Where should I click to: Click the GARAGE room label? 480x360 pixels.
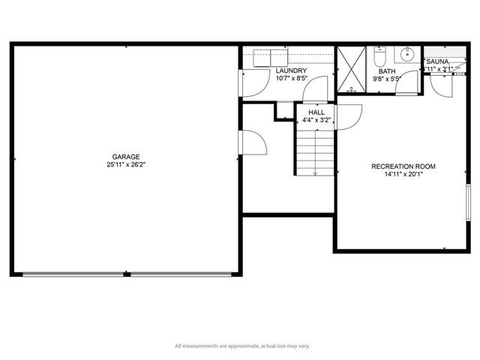point(126,157)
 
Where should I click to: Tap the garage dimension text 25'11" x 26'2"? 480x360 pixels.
point(126,164)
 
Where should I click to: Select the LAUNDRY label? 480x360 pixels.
point(292,71)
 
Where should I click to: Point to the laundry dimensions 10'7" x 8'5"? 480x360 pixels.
point(292,78)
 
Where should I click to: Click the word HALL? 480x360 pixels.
point(316,112)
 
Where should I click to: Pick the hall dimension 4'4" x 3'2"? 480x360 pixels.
point(316,119)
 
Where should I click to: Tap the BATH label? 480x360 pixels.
point(386,71)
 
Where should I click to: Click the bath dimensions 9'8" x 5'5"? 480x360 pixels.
point(386,78)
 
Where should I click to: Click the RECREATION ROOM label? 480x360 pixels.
point(403,166)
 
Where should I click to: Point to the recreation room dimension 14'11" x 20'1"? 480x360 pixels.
point(403,174)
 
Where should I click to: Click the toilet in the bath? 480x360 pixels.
point(379,57)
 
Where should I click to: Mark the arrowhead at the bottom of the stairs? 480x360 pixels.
point(316,174)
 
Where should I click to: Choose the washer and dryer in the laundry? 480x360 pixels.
point(272,57)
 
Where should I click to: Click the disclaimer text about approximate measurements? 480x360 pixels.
point(242,346)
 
